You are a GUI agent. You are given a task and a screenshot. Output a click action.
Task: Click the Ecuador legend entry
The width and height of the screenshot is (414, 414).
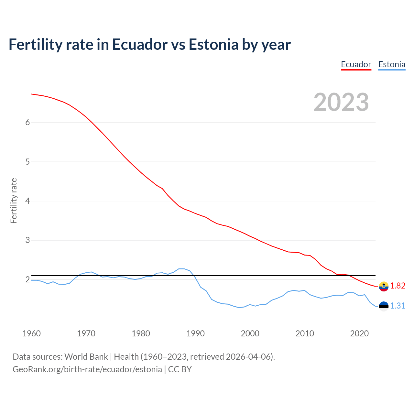pyautogui.click(x=356, y=64)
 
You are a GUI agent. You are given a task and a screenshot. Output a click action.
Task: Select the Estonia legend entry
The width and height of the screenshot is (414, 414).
pyautogui.click(x=392, y=64)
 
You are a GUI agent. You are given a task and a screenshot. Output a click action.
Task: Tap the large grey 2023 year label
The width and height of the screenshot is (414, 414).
pyautogui.click(x=341, y=102)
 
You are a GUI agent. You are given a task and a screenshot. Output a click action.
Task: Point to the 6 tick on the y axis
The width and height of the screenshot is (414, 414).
pyautogui.click(x=27, y=123)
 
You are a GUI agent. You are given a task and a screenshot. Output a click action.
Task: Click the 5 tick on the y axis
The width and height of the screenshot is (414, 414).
pyautogui.click(x=27, y=162)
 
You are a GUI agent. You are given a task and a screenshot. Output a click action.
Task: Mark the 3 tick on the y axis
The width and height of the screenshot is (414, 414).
pyautogui.click(x=27, y=240)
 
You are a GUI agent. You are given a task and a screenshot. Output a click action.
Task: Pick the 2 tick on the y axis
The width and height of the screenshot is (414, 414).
pyautogui.click(x=27, y=279)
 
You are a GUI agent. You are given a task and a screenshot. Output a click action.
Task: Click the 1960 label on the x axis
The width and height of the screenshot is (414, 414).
pyautogui.click(x=31, y=333)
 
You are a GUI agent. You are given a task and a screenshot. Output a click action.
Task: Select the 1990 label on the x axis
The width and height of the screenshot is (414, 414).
pyautogui.click(x=195, y=333)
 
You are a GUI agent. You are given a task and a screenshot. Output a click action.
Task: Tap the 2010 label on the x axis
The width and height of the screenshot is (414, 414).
pyautogui.click(x=305, y=333)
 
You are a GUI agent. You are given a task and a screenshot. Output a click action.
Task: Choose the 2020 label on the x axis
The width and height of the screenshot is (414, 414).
pyautogui.click(x=359, y=333)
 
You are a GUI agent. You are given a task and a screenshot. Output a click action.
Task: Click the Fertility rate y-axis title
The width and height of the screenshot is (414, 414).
pyautogui.click(x=14, y=201)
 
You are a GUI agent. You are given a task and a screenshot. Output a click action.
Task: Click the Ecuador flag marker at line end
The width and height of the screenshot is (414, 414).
pyautogui.click(x=384, y=286)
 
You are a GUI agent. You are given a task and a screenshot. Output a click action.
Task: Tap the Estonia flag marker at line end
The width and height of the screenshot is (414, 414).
pyautogui.click(x=384, y=306)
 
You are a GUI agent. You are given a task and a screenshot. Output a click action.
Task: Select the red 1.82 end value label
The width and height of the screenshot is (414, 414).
pyautogui.click(x=398, y=286)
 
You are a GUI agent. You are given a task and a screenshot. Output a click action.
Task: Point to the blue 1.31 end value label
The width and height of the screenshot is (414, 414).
pyautogui.click(x=398, y=306)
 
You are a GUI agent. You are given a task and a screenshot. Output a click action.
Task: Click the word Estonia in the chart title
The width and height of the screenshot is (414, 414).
pyautogui.click(x=213, y=44)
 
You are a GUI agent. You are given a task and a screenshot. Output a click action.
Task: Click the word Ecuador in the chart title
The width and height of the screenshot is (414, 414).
pyautogui.click(x=140, y=44)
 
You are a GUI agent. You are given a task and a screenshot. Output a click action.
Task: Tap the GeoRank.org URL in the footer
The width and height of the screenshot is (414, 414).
pyautogui.click(x=87, y=369)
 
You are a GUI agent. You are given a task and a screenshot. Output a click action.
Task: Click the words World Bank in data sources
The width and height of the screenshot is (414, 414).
pyautogui.click(x=86, y=357)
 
